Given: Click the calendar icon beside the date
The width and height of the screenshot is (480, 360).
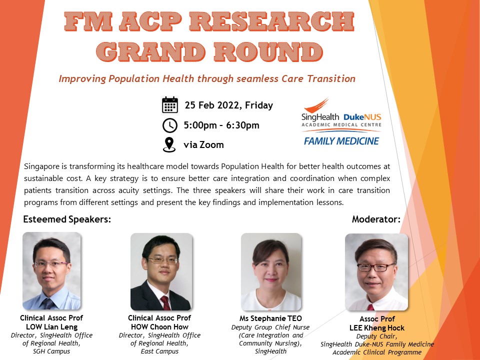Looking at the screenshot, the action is [x=170, y=104].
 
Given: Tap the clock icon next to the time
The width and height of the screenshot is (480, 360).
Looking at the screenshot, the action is [x=170, y=125].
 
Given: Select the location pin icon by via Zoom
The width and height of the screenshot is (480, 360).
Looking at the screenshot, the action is [x=169, y=145].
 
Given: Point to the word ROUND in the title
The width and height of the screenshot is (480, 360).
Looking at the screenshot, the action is [x=268, y=51].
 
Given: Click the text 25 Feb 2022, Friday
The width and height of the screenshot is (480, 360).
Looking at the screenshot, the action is [x=228, y=105].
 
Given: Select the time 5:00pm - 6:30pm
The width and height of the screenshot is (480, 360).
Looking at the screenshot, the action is [x=221, y=125].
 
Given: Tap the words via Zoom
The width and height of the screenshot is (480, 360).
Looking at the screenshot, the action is [x=203, y=144].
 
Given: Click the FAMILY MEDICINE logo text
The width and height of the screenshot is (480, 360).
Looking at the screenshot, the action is [x=341, y=141].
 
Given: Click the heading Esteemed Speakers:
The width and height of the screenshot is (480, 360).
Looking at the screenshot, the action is [x=67, y=219].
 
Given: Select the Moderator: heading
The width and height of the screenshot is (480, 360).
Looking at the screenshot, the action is [x=376, y=219].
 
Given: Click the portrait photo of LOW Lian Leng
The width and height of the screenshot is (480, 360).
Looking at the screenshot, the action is [x=51, y=271].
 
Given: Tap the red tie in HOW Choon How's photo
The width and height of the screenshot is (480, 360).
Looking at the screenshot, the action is [x=165, y=303].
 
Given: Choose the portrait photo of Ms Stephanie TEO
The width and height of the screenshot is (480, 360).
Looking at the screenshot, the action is [x=271, y=272].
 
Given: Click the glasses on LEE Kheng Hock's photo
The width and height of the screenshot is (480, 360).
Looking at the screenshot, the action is [x=375, y=267].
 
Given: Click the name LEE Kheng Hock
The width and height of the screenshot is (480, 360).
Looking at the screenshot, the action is [x=377, y=328].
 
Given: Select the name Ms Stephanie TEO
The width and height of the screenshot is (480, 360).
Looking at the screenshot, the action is [x=270, y=318].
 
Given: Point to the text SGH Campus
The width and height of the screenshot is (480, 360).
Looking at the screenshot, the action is [x=51, y=351].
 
